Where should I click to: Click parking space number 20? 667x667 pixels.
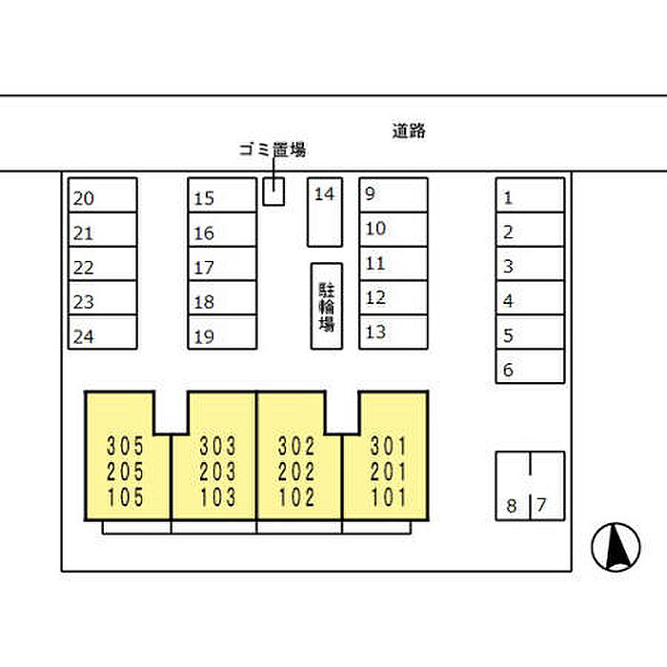103,194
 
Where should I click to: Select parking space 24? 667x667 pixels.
103,333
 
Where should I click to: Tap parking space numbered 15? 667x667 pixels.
222,194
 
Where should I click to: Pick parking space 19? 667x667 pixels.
222,333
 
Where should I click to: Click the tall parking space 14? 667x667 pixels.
325,212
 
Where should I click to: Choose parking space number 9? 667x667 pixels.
394,194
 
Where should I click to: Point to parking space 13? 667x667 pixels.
394,333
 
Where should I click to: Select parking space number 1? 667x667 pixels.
531,194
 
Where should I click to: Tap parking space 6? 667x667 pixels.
531,367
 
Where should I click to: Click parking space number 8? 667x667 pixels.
513,486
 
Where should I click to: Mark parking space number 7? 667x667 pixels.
548,486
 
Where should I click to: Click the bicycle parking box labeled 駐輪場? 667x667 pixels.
327,306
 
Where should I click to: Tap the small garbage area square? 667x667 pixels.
273,192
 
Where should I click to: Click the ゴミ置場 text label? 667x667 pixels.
273,150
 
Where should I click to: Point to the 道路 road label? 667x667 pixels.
409,131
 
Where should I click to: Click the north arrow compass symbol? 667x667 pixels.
616,547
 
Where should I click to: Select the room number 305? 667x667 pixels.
125,446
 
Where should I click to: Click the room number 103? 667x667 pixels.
218,497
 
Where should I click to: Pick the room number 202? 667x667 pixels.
296,472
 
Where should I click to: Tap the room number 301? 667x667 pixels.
389,446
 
